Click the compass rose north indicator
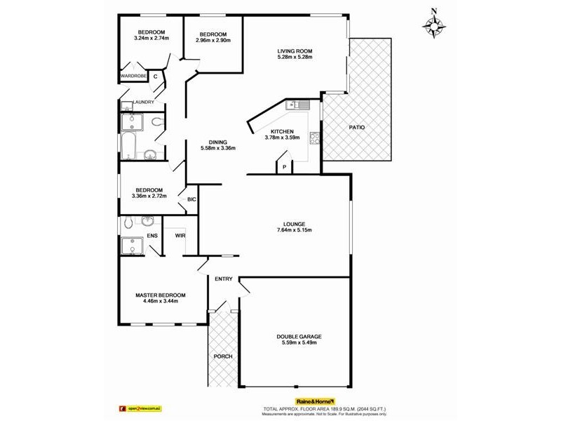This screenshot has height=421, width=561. click(435, 26)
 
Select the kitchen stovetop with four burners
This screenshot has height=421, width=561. click(316, 138)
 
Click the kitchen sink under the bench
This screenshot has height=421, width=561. click(298, 105)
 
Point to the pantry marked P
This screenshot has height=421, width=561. click(284, 166)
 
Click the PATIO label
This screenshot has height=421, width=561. click(356, 127)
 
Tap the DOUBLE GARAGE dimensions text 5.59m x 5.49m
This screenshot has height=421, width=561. click(299, 343)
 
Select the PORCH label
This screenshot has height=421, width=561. click(222, 356)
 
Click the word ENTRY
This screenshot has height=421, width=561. click(224, 279)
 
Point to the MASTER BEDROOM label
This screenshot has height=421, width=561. click(161, 295)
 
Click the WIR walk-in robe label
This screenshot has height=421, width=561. click(180, 236)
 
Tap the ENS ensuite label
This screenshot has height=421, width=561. click(151, 236)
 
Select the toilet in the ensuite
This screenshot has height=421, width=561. click(127, 223)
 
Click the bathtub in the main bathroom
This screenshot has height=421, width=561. click(128, 146)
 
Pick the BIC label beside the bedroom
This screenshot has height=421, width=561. click(191, 200)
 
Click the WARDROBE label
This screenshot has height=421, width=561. click(133, 75)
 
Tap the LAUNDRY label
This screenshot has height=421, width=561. click(143, 102)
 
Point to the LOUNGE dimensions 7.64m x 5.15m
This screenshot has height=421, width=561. click(294, 230)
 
